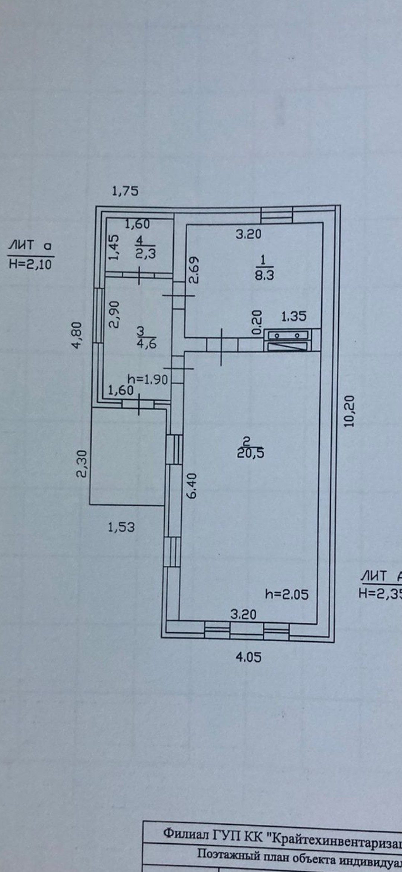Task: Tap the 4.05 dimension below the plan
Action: click(x=249, y=667)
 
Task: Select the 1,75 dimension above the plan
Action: click(x=125, y=191)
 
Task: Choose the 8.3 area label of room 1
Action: click(x=265, y=275)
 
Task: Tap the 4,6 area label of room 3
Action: click(x=147, y=343)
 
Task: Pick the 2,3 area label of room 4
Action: click(x=146, y=253)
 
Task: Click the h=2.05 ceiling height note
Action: click(x=287, y=594)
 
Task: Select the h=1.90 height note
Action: click(x=148, y=380)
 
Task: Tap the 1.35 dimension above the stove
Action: click(x=294, y=316)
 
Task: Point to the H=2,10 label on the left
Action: click(x=31, y=264)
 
